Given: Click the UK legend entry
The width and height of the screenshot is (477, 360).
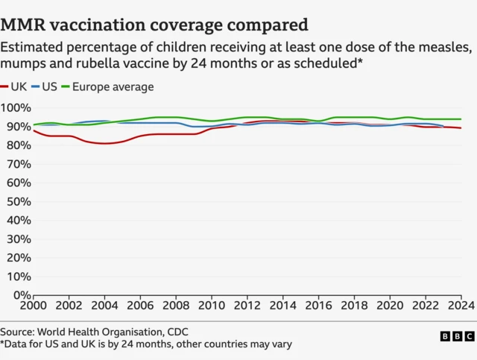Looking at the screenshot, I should [15, 87].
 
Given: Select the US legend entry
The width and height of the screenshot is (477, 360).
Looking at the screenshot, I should [45, 87].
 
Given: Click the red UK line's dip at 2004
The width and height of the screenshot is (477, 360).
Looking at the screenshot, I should [104, 143].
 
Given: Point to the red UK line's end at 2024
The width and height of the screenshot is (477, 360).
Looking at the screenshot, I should [461, 128].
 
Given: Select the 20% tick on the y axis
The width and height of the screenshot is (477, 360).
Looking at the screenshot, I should [16, 258].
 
